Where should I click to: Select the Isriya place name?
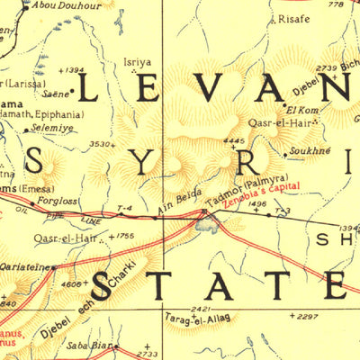[137, 63]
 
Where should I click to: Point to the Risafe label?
[294, 18]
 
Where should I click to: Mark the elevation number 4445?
[233, 141]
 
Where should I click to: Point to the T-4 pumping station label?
[124, 209]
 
